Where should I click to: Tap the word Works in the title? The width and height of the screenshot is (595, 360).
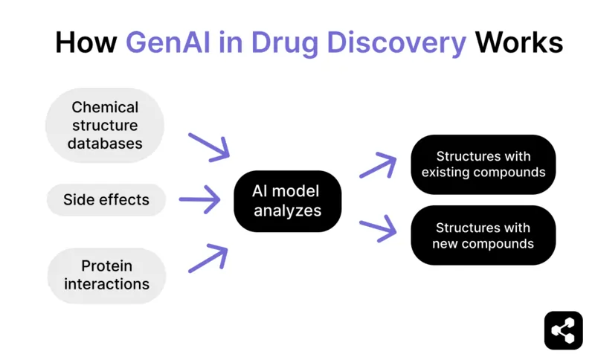pyautogui.click(x=518, y=42)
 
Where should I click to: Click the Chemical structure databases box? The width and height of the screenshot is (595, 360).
pyautogui.click(x=105, y=125)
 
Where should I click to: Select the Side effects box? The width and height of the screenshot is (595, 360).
pyautogui.click(x=106, y=199)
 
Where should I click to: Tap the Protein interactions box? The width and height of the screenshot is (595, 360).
pyautogui.click(x=106, y=274)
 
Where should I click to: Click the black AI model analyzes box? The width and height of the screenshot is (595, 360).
pyautogui.click(x=287, y=200)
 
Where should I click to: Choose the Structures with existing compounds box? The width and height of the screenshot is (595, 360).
pyautogui.click(x=483, y=164)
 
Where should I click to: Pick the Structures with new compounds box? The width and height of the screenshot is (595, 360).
pyautogui.click(x=483, y=235)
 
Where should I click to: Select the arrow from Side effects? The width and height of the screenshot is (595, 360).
pyautogui.click(x=200, y=199)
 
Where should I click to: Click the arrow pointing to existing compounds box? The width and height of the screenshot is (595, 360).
pyautogui.click(x=378, y=165)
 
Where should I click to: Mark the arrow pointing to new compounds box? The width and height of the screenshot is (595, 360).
pyautogui.click(x=378, y=230)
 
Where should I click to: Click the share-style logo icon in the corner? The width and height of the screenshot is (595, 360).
pyautogui.click(x=563, y=330)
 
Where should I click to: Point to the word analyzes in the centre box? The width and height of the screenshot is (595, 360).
pyautogui.click(x=288, y=210)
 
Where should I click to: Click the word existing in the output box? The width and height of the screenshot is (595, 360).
pyautogui.click(x=446, y=173)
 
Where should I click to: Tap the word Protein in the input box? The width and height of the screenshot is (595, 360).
pyautogui.click(x=106, y=266)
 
